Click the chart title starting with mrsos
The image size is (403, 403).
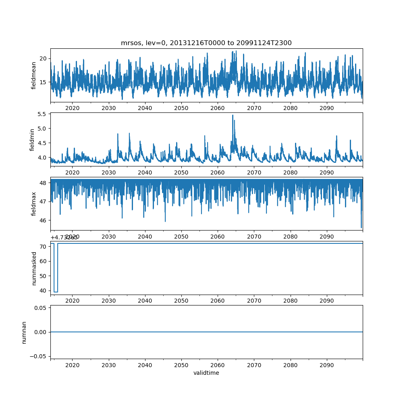coord(206,43)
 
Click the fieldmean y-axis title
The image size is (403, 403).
coord(34,75)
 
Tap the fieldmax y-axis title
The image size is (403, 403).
coord(34,204)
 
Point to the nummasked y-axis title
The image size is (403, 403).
coord(34,268)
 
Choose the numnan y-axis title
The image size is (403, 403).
coord(24,332)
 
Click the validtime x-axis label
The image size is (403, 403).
coord(206,373)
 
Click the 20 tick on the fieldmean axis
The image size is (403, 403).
coord(44,58)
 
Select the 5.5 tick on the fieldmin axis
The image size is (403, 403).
coord(42,114)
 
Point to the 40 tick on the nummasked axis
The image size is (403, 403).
coord(44,291)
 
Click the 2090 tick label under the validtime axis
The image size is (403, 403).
coord(326,365)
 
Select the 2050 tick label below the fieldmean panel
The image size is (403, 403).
coord(181,108)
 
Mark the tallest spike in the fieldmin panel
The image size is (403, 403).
coord(233,115)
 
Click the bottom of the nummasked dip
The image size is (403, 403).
coord(56,292)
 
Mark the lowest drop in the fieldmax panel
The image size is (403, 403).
coord(361,228)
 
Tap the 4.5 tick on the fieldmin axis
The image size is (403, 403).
coord(42,143)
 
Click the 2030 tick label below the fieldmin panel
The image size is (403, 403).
coord(108,172)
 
